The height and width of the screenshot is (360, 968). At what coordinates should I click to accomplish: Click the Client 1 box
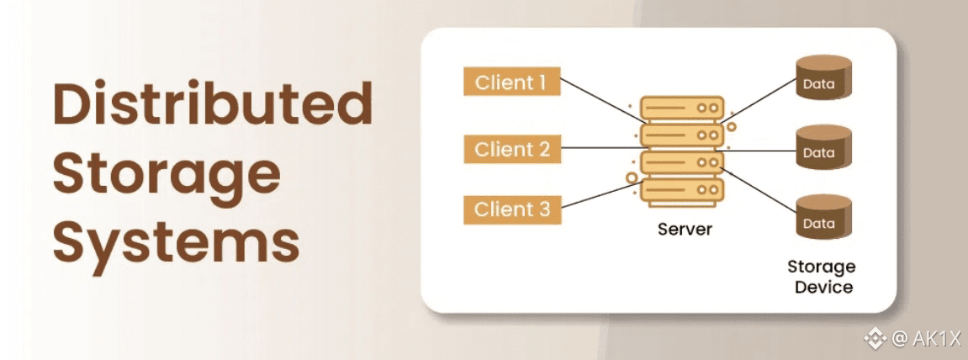pos(511,82)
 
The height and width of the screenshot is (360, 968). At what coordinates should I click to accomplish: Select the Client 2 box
pos(511,150)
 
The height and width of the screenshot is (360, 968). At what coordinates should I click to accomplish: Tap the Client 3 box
pos(511,209)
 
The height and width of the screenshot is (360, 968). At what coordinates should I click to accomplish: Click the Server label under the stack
pos(682,229)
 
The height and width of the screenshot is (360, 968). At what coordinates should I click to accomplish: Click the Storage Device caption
pos(820,277)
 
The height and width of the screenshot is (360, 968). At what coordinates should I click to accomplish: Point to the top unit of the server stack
pos(682,109)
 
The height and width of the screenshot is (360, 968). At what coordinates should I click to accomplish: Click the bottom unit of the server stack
pos(682,192)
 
